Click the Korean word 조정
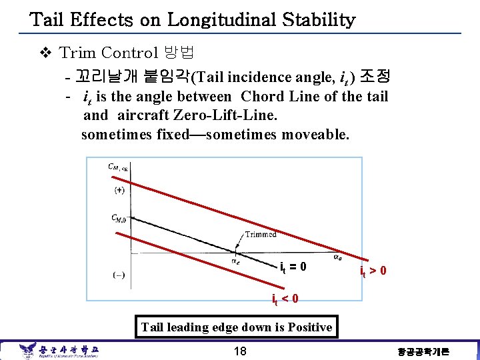coord(377,77)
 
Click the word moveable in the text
coord(314,134)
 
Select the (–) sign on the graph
coord(118,274)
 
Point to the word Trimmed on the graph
coord(261,234)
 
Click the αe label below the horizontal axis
coord(236,261)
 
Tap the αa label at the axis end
coord(339,255)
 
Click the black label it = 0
coord(293,267)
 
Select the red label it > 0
coord(373,271)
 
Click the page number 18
coord(239,351)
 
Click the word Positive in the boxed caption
coord(307,327)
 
